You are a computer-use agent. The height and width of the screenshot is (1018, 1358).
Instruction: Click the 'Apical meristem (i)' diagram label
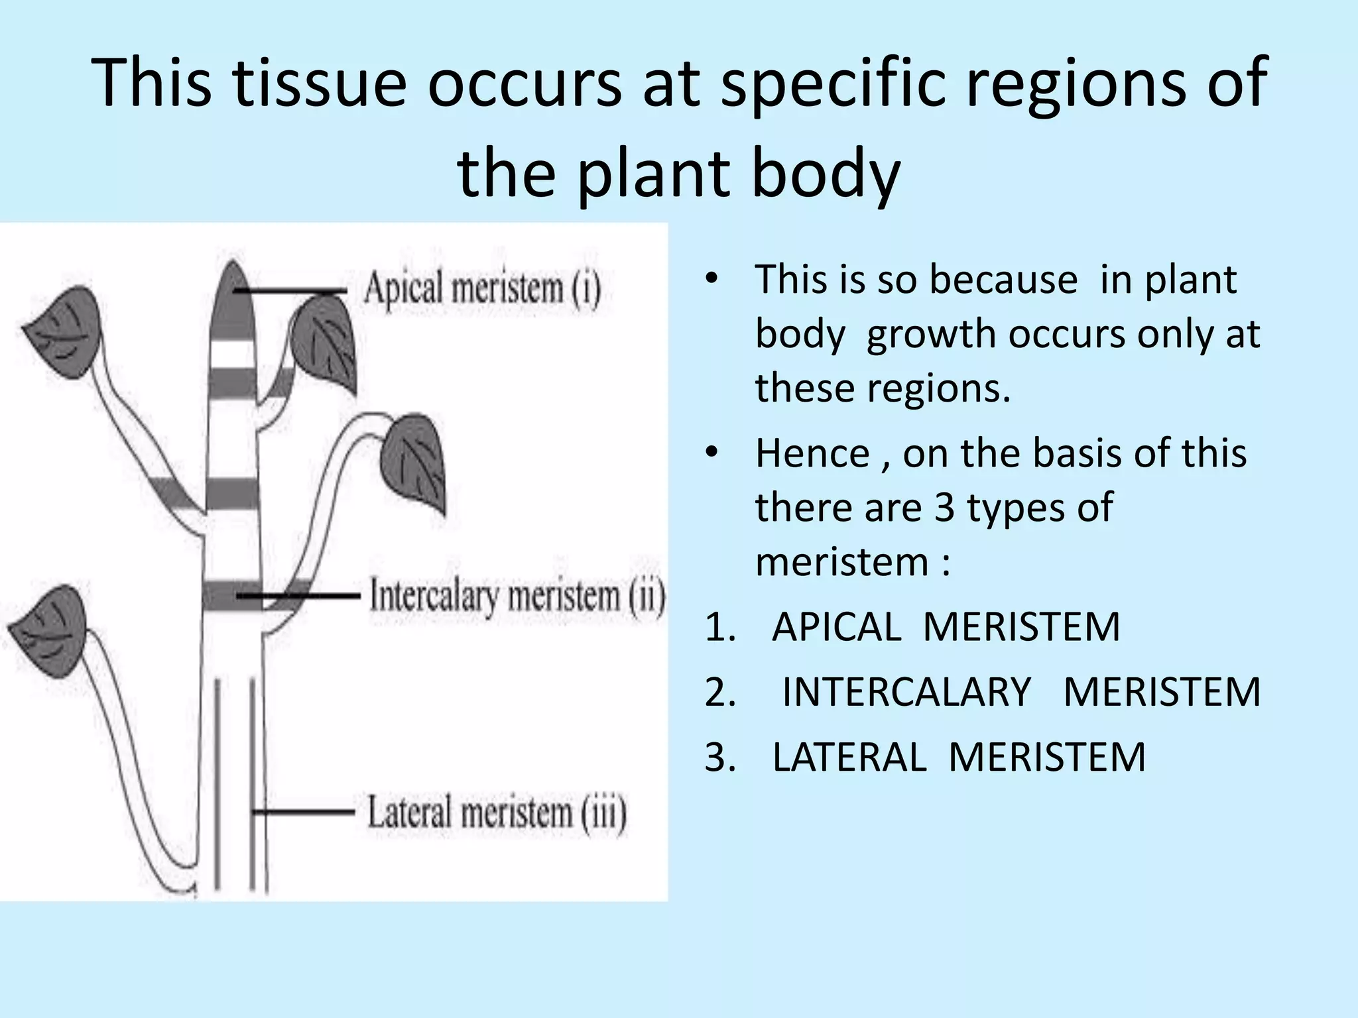click(x=482, y=290)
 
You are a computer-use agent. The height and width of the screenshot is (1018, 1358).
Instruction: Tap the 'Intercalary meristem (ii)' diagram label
click(x=517, y=596)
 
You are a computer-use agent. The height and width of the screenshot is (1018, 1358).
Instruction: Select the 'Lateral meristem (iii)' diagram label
click(x=497, y=813)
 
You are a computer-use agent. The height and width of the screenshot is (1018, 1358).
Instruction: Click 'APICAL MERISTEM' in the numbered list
click(x=946, y=626)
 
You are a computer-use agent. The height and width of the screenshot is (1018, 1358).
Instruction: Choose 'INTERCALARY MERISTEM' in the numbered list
click(x=1021, y=692)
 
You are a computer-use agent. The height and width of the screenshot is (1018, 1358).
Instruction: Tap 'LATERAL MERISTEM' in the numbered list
click(x=959, y=757)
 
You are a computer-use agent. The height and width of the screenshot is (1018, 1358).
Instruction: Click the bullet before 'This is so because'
click(x=711, y=278)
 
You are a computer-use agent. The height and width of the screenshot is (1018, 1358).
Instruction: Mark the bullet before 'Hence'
click(x=711, y=453)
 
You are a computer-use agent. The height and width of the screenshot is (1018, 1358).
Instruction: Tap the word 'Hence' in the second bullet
click(x=812, y=453)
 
